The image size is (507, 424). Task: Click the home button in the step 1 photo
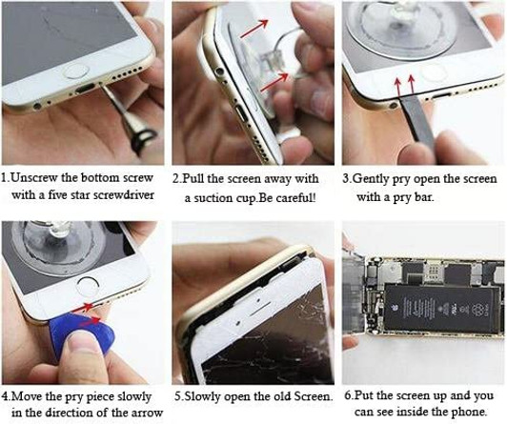(75, 71)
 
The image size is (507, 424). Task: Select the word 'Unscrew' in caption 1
(34, 178)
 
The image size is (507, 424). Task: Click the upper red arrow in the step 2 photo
(254, 29)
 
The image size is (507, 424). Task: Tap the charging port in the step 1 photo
(85, 89)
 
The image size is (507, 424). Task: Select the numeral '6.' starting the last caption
(348, 395)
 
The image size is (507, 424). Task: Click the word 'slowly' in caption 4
(133, 397)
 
